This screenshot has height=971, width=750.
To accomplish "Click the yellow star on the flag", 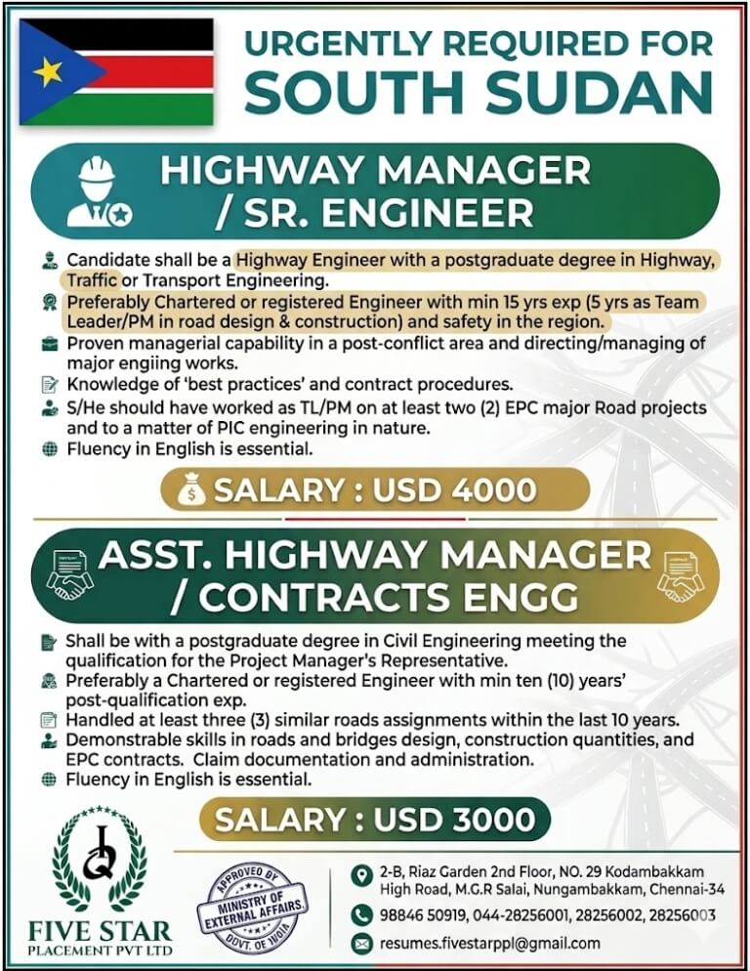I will tap(47, 71).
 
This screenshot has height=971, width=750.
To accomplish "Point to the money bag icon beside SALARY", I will tap(192, 490).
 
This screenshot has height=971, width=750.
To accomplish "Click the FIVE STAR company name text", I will tap(101, 931).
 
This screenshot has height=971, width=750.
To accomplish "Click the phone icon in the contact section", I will tap(362, 915).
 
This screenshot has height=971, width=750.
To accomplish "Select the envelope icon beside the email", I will tap(362, 944).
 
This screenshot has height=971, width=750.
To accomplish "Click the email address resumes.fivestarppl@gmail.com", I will tap(489, 944).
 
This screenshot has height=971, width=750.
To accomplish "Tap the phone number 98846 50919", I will tap(424, 915).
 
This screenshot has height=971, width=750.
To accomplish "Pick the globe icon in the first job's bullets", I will tap(51, 449).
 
